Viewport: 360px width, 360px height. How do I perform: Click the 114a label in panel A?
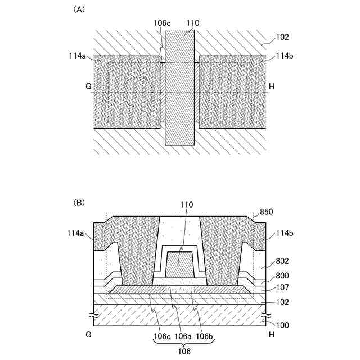[76, 56]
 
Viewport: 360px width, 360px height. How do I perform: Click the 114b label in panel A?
[284, 56]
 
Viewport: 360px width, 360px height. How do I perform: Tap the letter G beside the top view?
[88, 87]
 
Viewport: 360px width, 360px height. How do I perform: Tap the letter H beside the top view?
[272, 87]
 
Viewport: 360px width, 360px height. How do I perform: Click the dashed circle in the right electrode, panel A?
[222, 92]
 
